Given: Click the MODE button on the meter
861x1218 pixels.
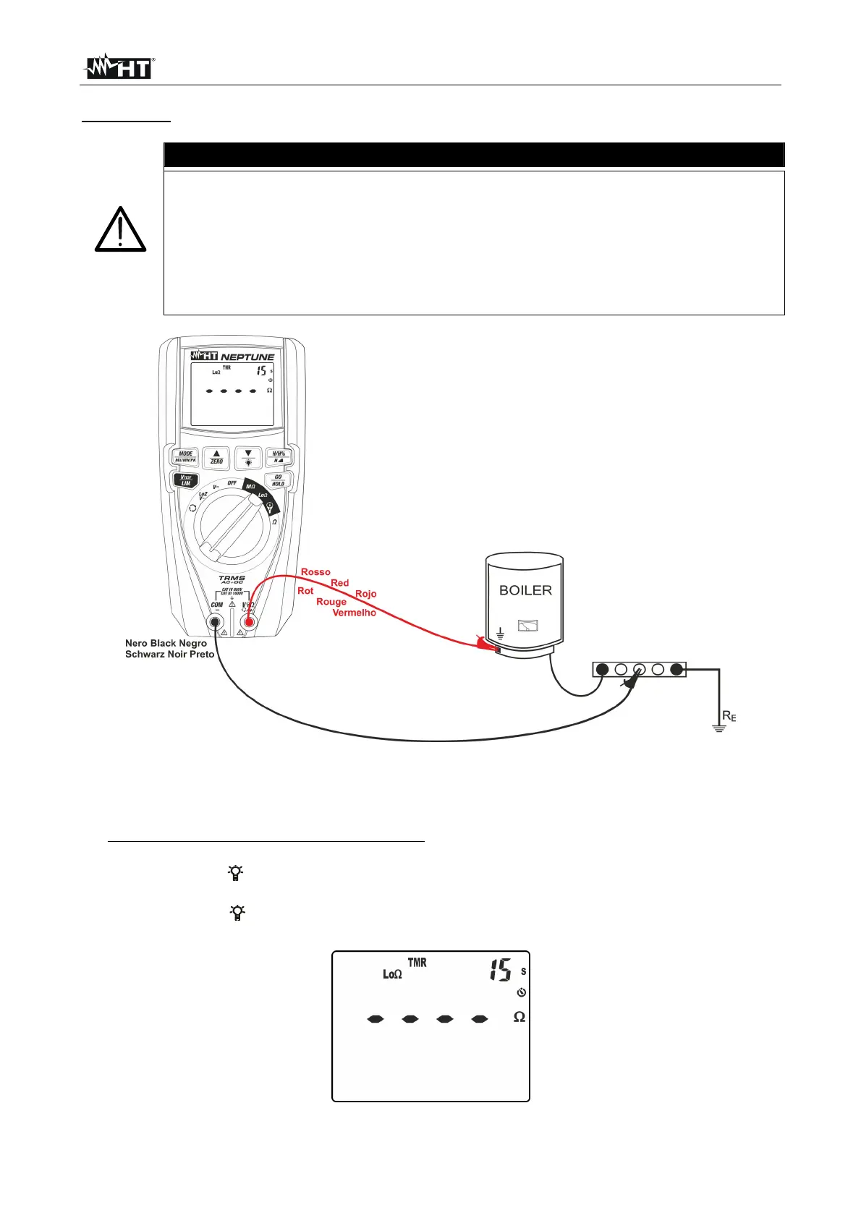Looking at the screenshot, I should (x=186, y=457).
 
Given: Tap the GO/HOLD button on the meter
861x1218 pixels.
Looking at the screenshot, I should (x=278, y=480).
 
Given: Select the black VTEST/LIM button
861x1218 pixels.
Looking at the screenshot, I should (x=185, y=480).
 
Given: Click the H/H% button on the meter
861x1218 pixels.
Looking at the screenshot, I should (x=279, y=456).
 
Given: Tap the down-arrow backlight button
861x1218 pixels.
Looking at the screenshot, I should (x=248, y=457).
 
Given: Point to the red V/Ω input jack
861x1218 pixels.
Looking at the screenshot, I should (x=248, y=622).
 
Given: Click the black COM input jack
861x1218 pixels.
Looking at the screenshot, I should (x=215, y=622).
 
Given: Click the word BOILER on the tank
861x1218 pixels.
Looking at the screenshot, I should (x=525, y=590).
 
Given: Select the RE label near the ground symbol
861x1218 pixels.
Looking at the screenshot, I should (x=729, y=717).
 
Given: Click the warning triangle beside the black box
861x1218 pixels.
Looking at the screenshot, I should (x=120, y=230).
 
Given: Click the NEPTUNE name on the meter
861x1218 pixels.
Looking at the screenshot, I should (x=247, y=357).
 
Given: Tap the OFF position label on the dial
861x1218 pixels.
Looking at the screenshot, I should (x=232, y=482).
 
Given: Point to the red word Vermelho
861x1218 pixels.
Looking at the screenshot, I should (x=354, y=613).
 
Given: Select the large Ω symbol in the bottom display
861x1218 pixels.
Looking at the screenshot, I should (x=519, y=1017).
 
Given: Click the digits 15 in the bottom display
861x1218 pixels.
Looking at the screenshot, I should (x=500, y=970).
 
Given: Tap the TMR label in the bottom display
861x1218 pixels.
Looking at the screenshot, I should (x=417, y=963).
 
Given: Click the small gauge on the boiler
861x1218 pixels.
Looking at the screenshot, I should (x=528, y=626).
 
